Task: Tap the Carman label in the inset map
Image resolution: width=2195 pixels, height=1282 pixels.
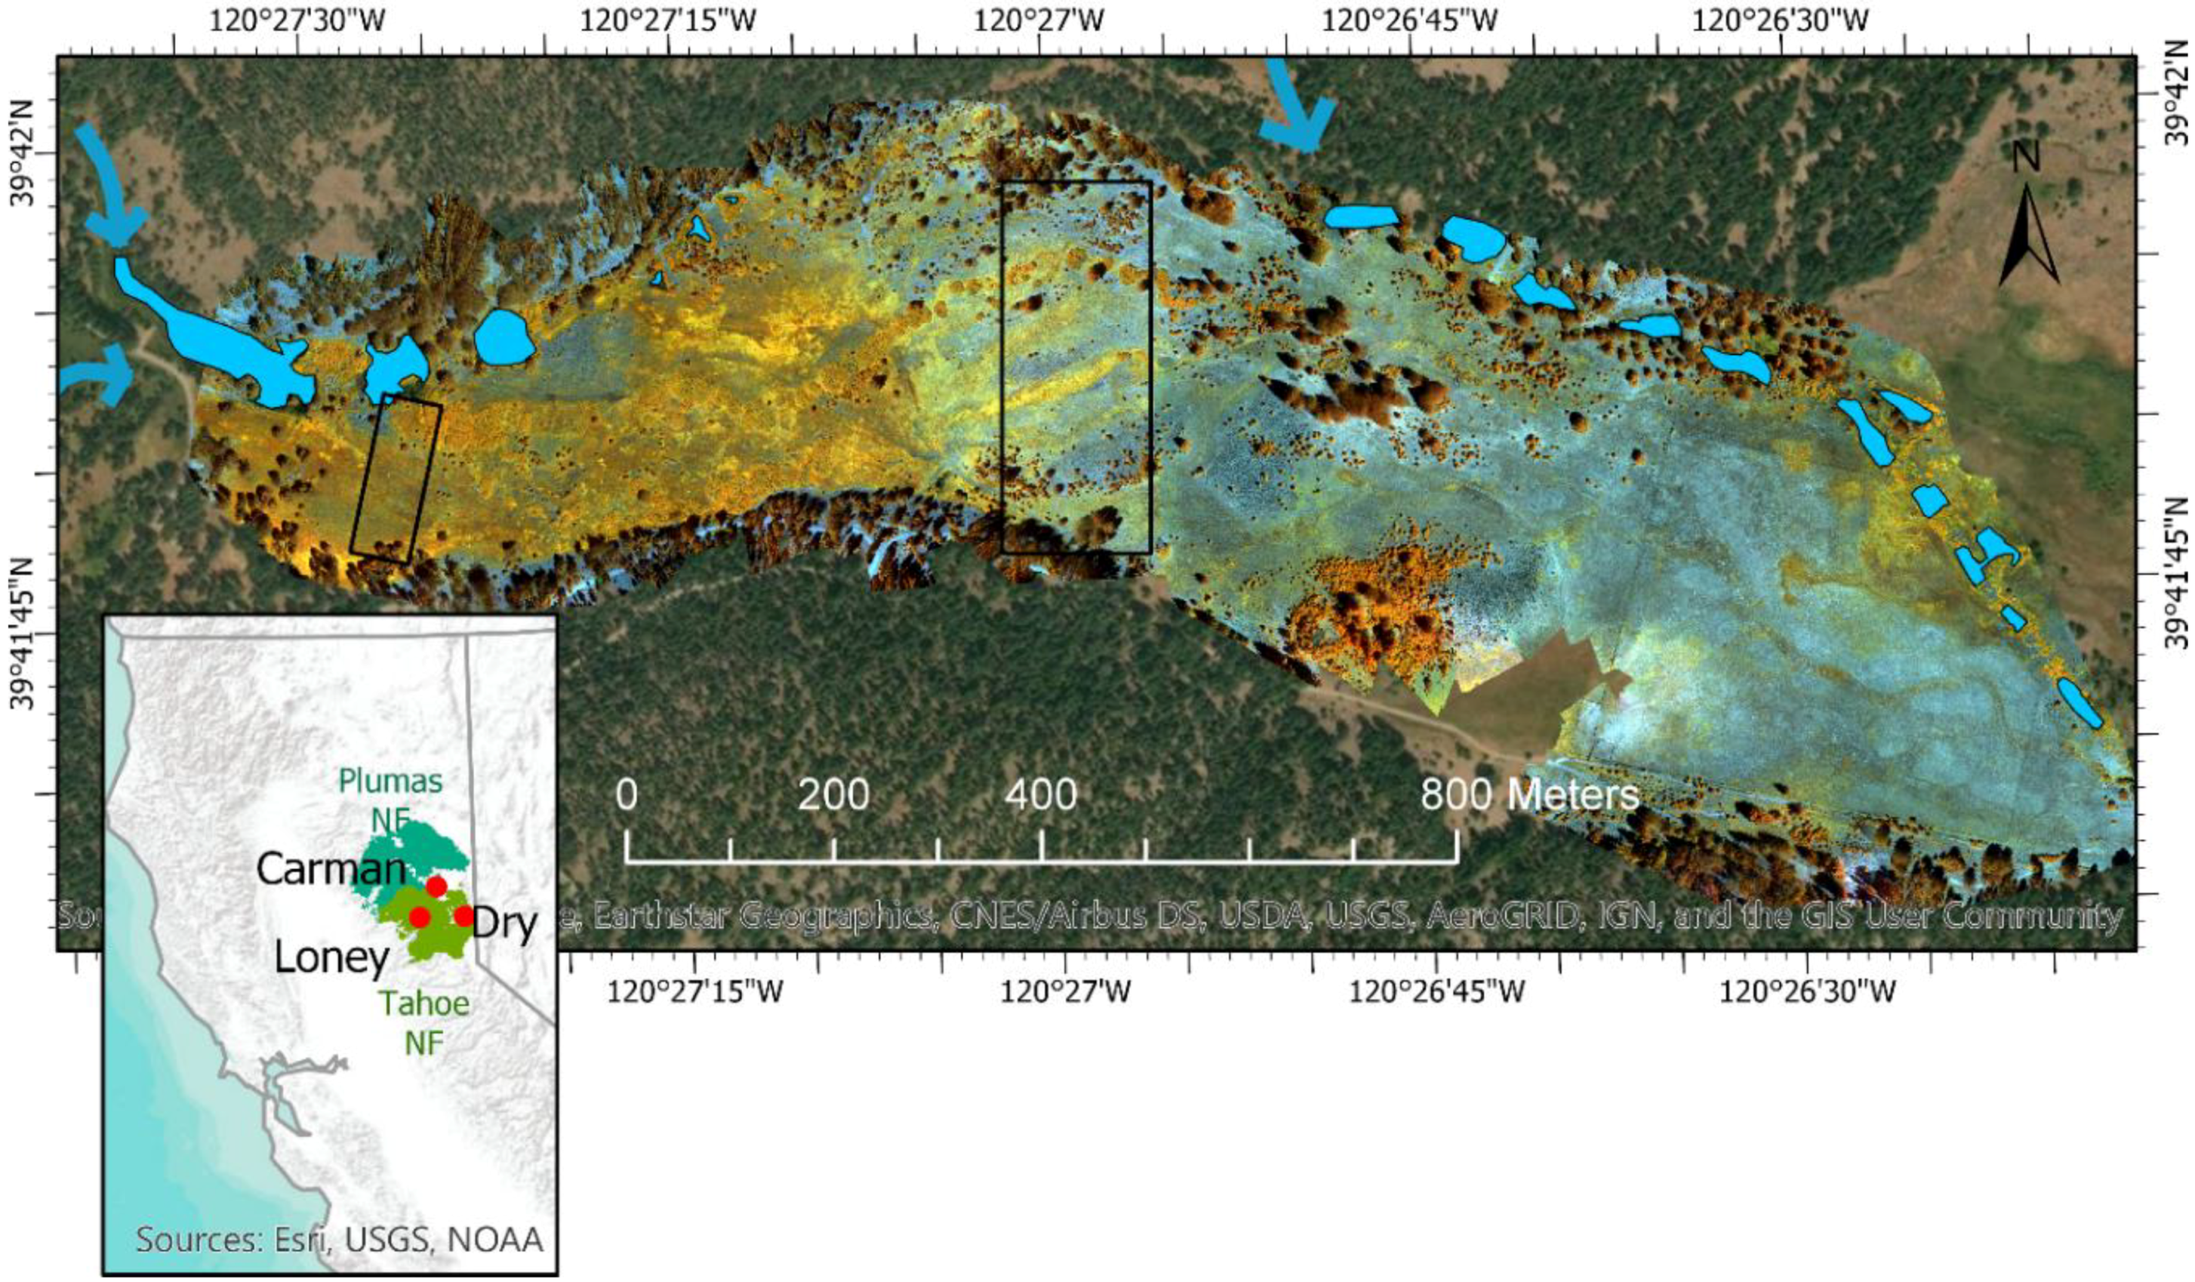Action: point(332,869)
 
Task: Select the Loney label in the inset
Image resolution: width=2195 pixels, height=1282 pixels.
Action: point(332,958)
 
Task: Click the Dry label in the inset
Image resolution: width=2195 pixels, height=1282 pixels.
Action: point(505,924)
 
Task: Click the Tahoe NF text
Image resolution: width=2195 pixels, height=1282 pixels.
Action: point(424,1022)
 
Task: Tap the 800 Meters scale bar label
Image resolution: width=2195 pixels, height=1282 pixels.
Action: point(1530,795)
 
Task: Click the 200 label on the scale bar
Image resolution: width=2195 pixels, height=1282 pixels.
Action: point(833,795)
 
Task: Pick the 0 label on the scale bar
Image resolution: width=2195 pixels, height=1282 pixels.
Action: point(626,795)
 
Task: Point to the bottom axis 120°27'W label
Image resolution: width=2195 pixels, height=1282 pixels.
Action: point(1065,992)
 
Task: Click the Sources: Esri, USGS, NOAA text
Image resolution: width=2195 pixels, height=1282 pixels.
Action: point(340,1238)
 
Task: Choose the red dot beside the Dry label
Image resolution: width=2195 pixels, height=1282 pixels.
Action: point(463,915)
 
